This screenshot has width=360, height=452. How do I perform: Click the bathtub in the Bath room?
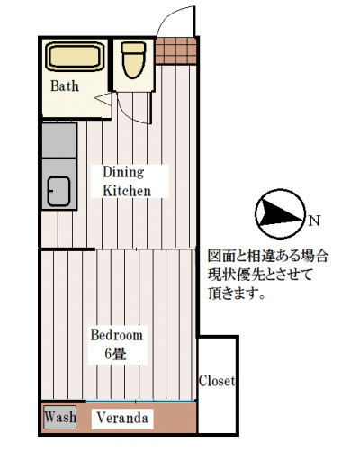click(x=76, y=57)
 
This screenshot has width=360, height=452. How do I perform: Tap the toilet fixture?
click(x=133, y=60)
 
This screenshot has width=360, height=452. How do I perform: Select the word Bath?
click(x=65, y=86)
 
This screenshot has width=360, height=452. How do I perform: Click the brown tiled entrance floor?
click(x=175, y=50)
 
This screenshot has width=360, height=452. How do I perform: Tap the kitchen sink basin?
click(x=58, y=192)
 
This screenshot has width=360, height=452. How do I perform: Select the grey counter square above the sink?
click(x=58, y=140)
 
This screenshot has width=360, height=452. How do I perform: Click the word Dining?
click(x=123, y=173)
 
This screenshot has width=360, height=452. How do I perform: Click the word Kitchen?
click(x=127, y=191)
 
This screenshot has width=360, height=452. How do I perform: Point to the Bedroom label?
click(x=116, y=335)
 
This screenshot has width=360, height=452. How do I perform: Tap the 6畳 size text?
click(x=115, y=354)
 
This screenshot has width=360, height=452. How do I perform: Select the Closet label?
click(x=217, y=381)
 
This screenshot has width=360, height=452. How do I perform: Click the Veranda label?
click(x=122, y=418)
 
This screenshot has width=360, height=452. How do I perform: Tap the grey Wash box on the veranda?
click(x=59, y=417)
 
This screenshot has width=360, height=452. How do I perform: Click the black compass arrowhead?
click(x=280, y=213)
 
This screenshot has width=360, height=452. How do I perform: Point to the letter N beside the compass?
click(x=314, y=221)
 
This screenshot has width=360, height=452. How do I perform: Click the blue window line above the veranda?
click(x=140, y=402)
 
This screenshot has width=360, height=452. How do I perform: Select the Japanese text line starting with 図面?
click(x=268, y=257)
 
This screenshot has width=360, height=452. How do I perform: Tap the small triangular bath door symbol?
click(x=103, y=99)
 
